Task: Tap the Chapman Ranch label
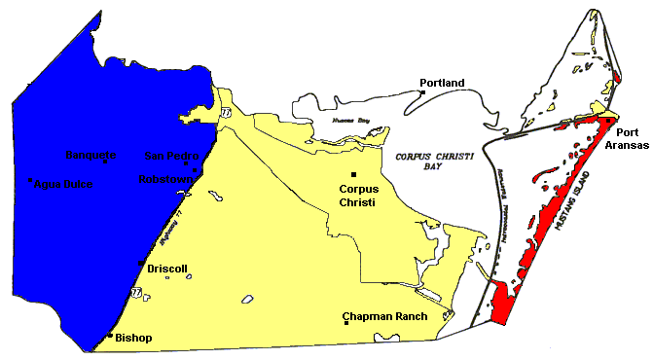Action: coord(385,317)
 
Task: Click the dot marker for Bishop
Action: coord(108,337)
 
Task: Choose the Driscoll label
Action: coord(166,268)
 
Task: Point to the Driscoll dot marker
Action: coord(141,264)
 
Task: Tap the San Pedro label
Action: coord(170,156)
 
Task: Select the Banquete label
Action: coord(91,156)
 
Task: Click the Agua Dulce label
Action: coord(62,183)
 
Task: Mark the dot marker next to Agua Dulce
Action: coord(31,180)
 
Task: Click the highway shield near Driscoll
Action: coord(134,291)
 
